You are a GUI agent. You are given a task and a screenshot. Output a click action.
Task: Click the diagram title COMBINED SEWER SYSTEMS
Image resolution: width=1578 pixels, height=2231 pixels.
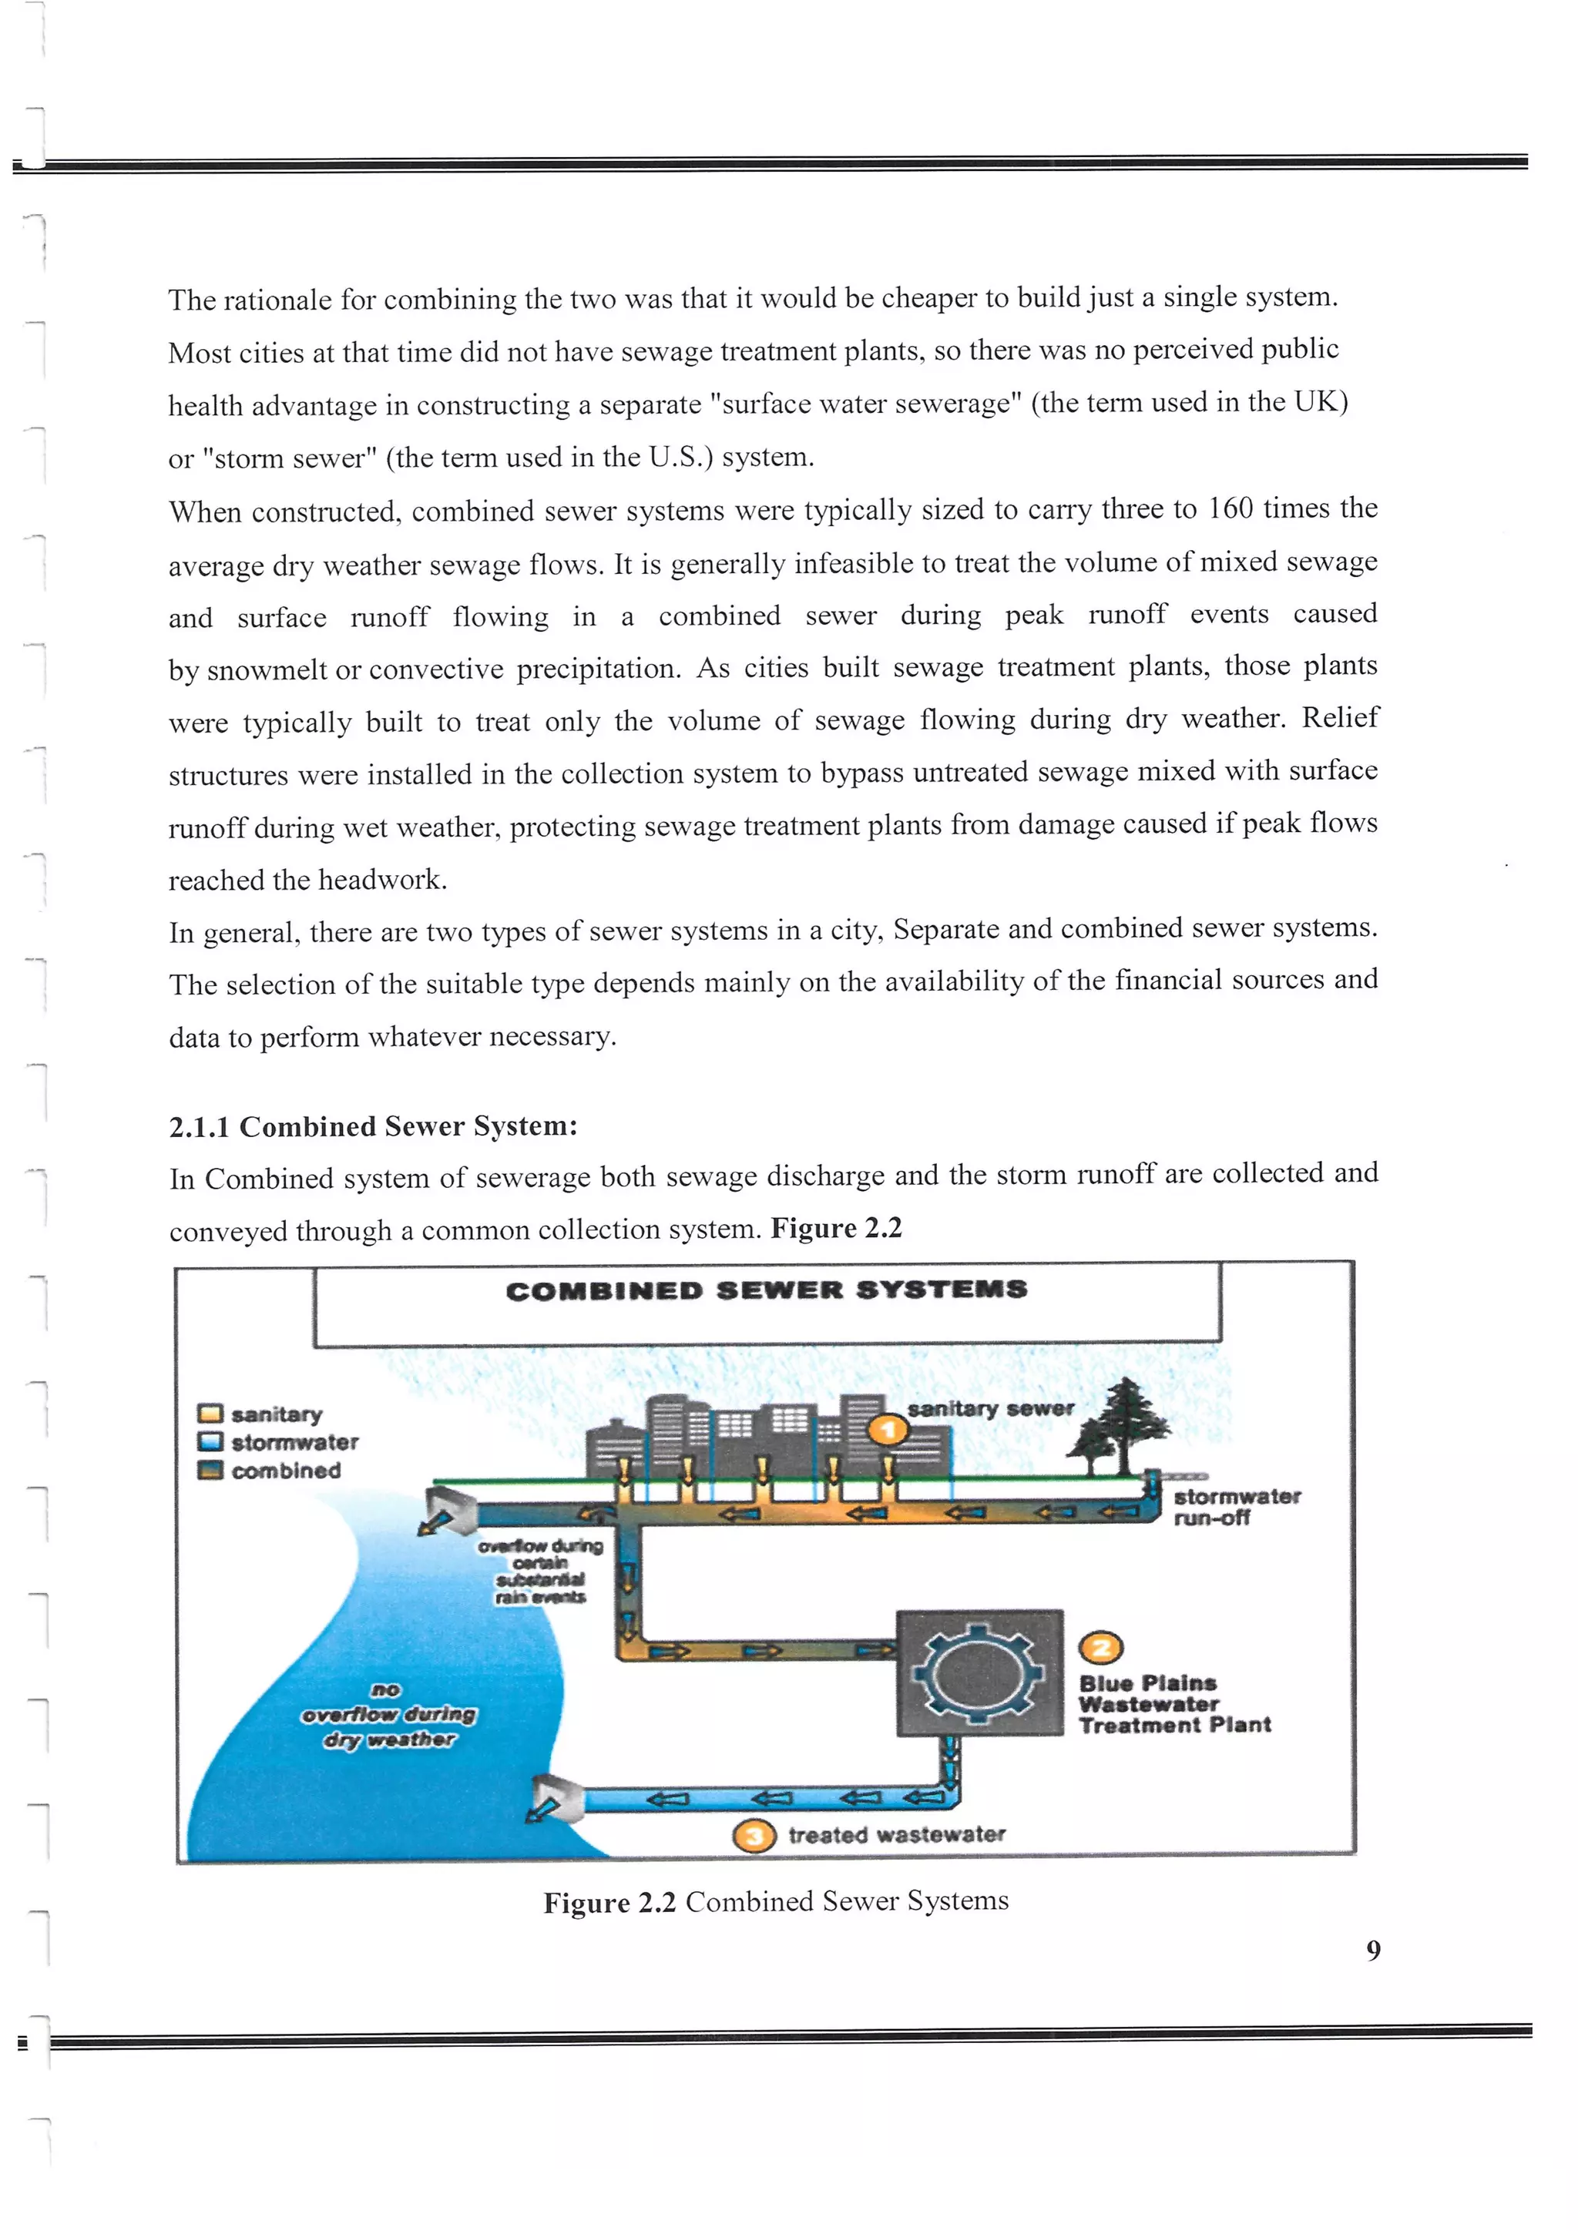[x=766, y=1290]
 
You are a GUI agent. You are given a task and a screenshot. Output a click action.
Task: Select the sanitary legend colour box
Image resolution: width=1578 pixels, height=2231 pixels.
[x=210, y=1414]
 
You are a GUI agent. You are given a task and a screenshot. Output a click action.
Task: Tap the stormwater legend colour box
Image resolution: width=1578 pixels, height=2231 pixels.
[x=210, y=1442]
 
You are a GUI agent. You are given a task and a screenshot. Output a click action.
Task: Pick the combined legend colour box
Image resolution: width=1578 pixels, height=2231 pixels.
[x=210, y=1470]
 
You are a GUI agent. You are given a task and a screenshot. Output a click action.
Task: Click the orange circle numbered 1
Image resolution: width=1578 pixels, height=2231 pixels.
[x=887, y=1431]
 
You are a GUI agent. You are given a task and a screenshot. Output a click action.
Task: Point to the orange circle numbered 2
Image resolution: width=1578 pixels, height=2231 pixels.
[x=1101, y=1648]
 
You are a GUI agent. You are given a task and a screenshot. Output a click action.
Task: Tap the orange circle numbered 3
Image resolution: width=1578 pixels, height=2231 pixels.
[x=754, y=1836]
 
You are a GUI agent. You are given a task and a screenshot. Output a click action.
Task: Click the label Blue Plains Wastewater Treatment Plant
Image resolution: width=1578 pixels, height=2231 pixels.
[x=1173, y=1704]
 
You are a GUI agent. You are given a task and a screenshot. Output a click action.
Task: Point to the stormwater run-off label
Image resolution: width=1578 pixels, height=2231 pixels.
[x=1235, y=1507]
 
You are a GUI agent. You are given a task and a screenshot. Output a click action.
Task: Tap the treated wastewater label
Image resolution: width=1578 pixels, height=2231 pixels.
[x=896, y=1834]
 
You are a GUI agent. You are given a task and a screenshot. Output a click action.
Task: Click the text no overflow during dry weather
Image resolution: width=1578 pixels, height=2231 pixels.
[x=388, y=1715]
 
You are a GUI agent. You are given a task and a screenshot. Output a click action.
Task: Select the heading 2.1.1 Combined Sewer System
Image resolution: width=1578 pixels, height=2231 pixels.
[x=373, y=1126]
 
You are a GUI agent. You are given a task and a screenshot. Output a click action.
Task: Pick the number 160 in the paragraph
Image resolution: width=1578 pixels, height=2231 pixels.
[x=1231, y=508]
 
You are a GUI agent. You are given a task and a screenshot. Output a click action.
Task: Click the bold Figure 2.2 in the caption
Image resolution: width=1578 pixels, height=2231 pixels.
[x=608, y=1903]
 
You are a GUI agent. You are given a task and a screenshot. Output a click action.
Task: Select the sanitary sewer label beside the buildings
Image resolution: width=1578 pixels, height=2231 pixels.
[x=990, y=1408]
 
